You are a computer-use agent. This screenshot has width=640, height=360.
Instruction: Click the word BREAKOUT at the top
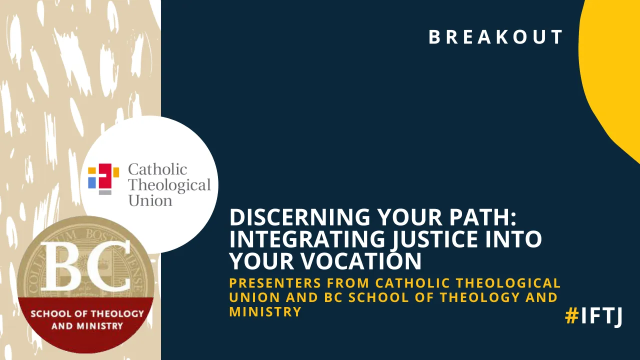[x=496, y=37]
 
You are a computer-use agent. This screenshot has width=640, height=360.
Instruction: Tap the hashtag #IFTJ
[x=593, y=315]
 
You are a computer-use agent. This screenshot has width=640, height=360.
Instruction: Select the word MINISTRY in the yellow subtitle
[x=265, y=312]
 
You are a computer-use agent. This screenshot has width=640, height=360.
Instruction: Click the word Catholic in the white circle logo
[x=157, y=169]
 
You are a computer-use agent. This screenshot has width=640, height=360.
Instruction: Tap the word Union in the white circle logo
[x=150, y=200]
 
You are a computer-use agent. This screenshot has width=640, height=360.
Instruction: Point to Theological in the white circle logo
[x=169, y=185]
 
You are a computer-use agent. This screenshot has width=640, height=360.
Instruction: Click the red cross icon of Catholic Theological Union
[x=105, y=176]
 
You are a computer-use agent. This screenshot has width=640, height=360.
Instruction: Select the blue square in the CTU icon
[x=92, y=182]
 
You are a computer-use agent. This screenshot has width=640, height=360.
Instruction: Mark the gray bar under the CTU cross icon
[x=105, y=192]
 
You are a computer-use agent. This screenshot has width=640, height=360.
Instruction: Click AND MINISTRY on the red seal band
[x=87, y=326]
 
